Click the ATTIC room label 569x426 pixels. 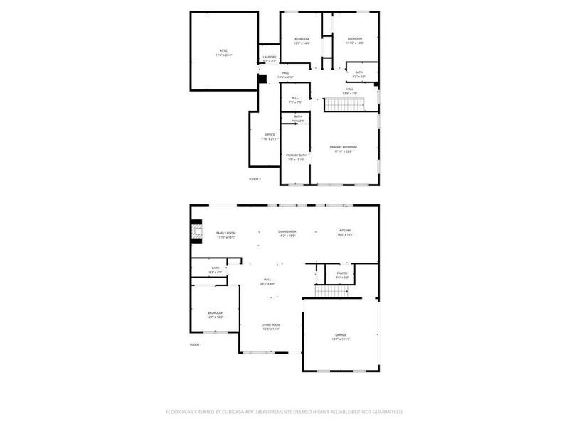pyautogui.click(x=224, y=51)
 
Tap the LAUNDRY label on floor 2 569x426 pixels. pyautogui.click(x=269, y=58)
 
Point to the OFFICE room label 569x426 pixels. pyautogui.click(x=270, y=134)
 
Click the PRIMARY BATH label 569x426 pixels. pyautogui.click(x=297, y=155)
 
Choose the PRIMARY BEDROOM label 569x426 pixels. pyautogui.click(x=343, y=147)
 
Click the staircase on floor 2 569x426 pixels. pyautogui.click(x=345, y=105)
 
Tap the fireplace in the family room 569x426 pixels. pyautogui.click(x=194, y=233)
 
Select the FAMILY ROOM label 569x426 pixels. pyautogui.click(x=225, y=233)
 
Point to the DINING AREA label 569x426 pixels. pyautogui.click(x=287, y=231)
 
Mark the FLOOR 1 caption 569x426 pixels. pyautogui.click(x=196, y=344)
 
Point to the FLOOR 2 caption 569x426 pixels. pyautogui.click(x=255, y=179)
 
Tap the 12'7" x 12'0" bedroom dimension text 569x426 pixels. pyautogui.click(x=216, y=317)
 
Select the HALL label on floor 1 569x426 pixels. pyautogui.click(x=267, y=280)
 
